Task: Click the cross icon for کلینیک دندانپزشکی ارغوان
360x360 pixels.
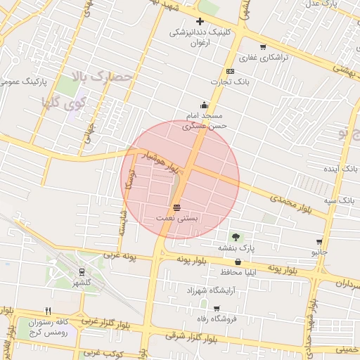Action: pos(200,22)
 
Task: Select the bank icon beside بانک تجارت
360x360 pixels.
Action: pos(230,72)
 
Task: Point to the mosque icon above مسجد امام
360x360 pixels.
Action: pos(205,104)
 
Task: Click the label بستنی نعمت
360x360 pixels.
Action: pos(176,219)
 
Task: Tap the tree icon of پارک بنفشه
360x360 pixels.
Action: pos(236,237)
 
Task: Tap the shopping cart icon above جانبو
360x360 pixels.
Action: pos(319,241)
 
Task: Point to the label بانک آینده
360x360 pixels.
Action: pos(341,169)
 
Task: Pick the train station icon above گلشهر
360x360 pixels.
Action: pos(82,271)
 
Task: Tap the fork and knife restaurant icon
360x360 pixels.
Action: pos(48,310)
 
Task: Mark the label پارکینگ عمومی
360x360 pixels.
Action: pos(24,82)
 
